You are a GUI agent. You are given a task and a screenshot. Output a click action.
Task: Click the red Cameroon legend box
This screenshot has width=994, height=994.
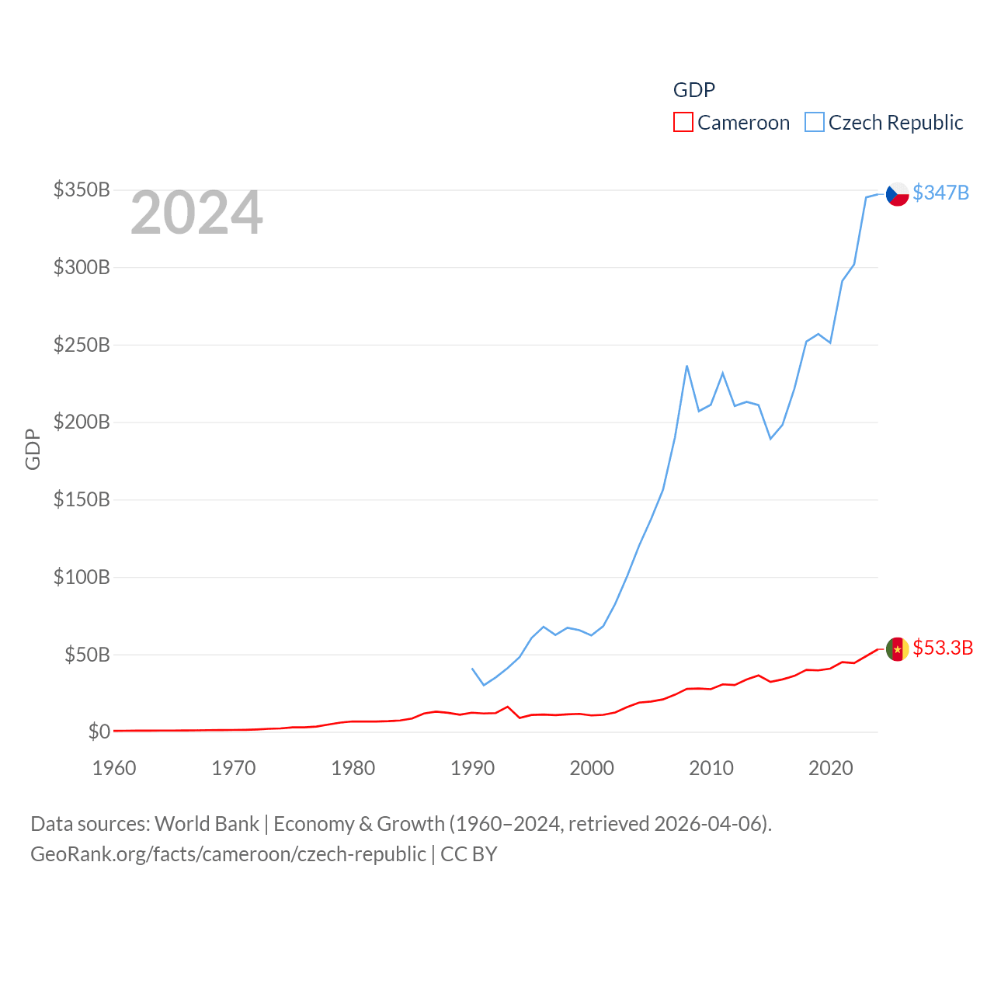tap(683, 123)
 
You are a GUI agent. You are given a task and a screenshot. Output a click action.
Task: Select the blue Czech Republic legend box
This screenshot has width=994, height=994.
tap(814, 123)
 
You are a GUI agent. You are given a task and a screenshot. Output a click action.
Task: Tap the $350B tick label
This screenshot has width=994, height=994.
tap(82, 190)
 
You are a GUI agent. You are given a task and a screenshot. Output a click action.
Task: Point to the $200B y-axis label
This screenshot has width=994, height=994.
tap(82, 422)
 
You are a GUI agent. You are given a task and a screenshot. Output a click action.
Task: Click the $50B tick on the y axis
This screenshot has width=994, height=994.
tap(87, 655)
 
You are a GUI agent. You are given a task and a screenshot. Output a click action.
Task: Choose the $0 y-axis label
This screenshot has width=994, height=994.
tap(99, 732)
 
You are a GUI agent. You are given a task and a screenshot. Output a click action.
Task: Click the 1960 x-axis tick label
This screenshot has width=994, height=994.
tap(114, 768)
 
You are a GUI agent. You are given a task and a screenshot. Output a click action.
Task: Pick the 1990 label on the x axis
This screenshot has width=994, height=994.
tap(472, 768)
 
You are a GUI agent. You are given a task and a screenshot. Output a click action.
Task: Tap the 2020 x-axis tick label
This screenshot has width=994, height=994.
tap(831, 768)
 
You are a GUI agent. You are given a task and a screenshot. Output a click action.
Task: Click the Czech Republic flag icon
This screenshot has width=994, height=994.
tap(897, 193)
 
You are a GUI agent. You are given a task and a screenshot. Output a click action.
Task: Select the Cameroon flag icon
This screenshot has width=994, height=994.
tap(897, 649)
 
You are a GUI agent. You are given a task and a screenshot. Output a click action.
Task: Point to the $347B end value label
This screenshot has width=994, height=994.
tap(940, 193)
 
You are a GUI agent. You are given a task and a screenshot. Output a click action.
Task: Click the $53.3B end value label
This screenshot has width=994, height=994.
tap(943, 648)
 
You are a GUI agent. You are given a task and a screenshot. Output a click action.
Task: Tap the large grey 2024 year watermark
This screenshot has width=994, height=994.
tap(196, 214)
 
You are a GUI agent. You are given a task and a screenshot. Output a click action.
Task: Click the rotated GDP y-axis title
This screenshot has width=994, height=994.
tap(33, 449)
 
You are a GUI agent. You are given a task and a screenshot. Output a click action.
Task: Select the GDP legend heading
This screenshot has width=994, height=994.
tap(693, 90)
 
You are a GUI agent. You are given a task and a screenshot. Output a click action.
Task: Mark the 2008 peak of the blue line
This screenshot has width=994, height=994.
tap(686, 366)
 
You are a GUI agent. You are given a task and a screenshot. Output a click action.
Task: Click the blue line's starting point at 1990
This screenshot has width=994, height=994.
tap(472, 669)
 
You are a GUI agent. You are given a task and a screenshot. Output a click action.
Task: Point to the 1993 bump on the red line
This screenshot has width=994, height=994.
tap(508, 707)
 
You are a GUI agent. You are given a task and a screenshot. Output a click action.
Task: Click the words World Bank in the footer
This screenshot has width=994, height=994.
tap(207, 824)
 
